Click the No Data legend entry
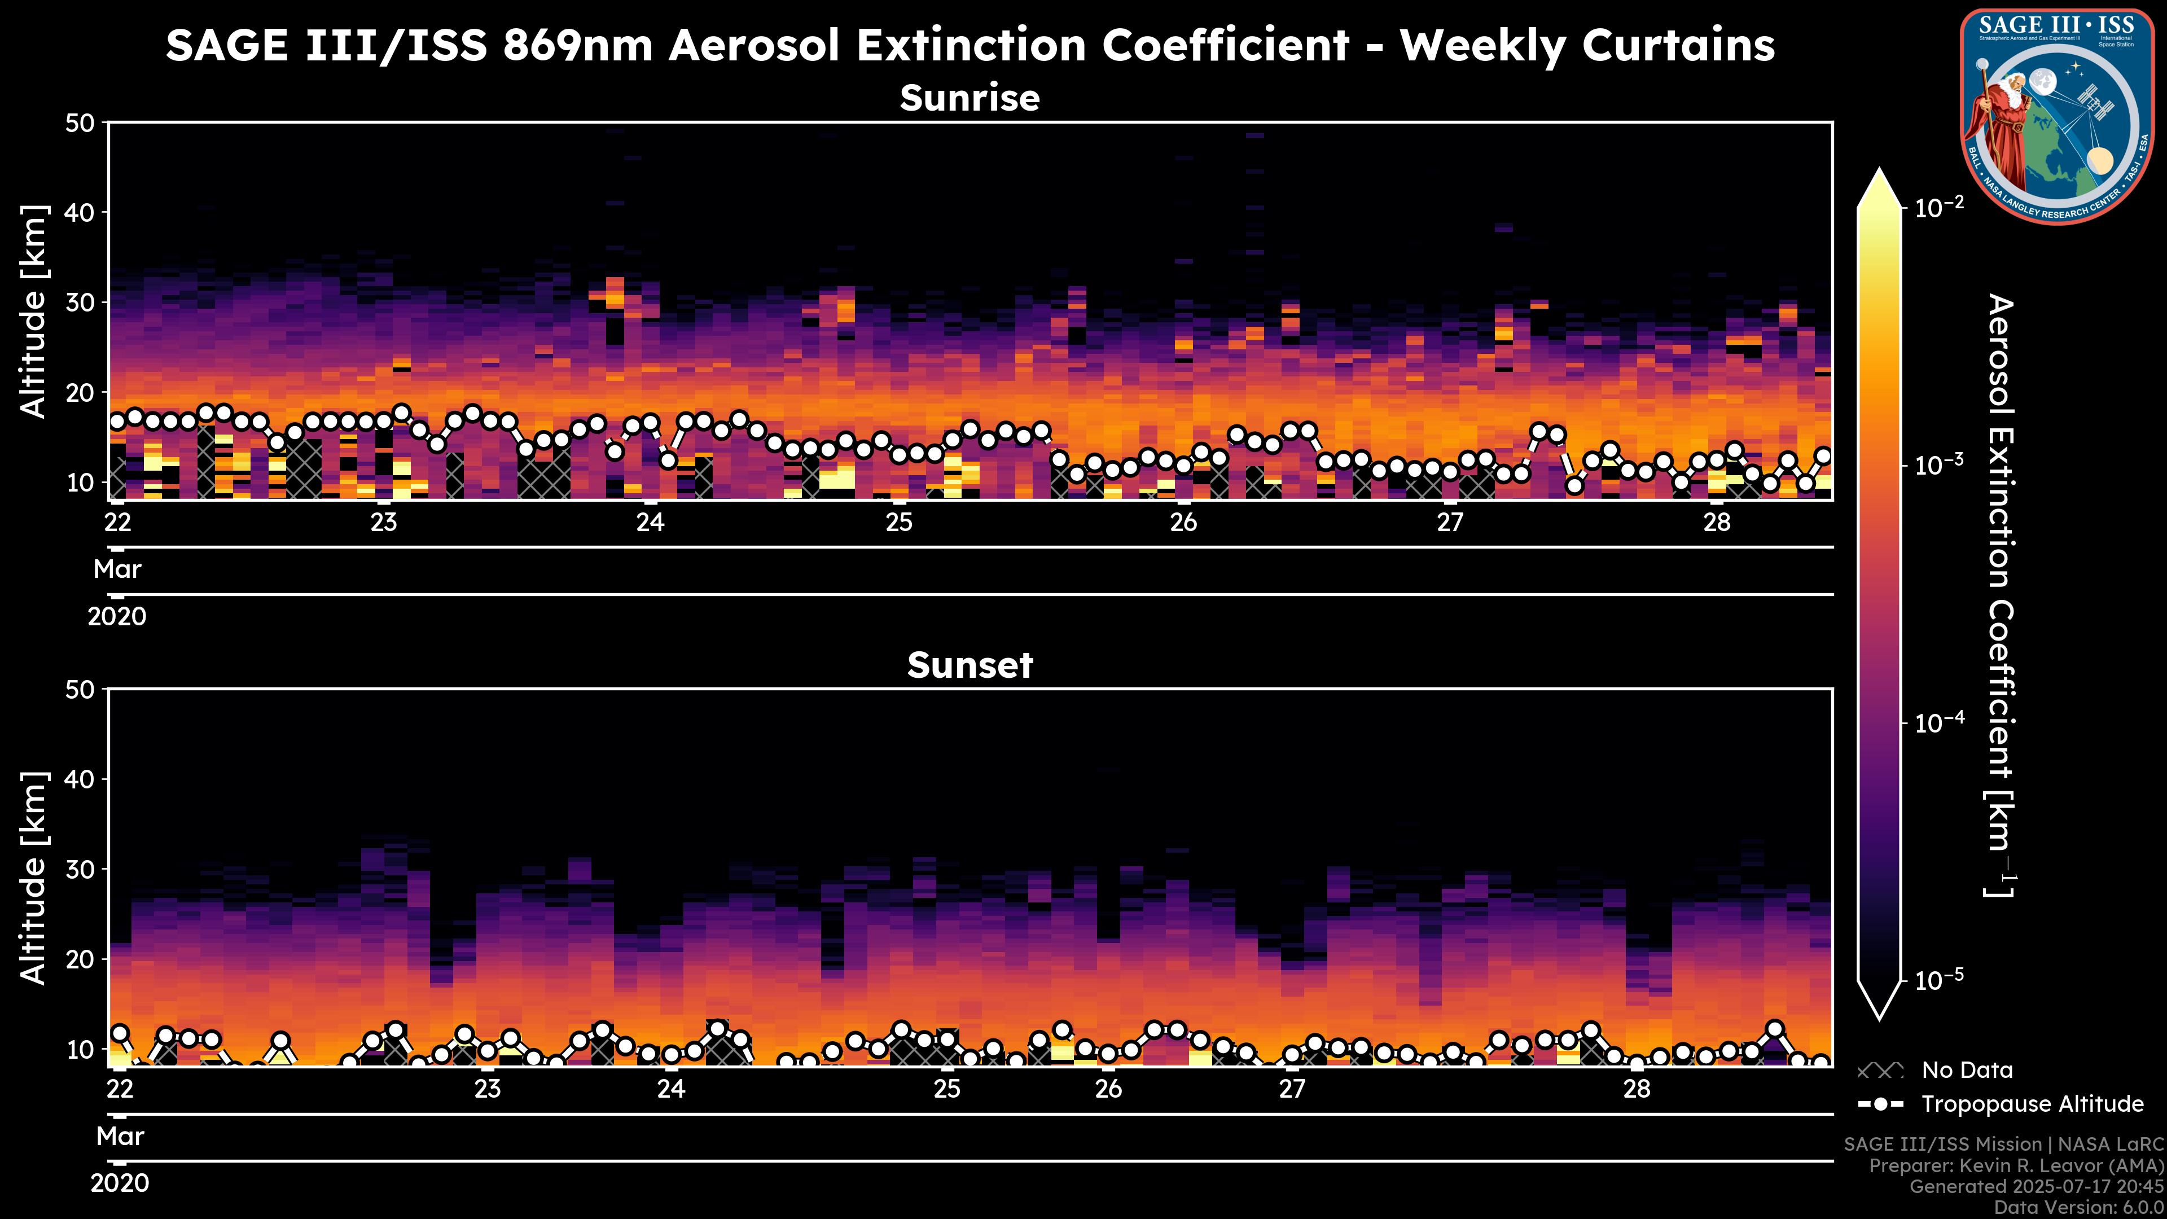pyautogui.click(x=1967, y=1070)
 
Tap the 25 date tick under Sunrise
pyautogui.click(x=900, y=523)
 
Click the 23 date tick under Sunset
pyautogui.click(x=487, y=1089)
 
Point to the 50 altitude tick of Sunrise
pyautogui.click(x=82, y=124)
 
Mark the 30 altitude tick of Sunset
pyautogui.click(x=82, y=869)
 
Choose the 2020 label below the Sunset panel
pyautogui.click(x=120, y=1183)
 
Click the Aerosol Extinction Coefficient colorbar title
pyautogui.click(x=1999, y=595)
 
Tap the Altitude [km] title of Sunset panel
pyautogui.click(x=34, y=878)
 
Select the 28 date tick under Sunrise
pyautogui.click(x=1717, y=523)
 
